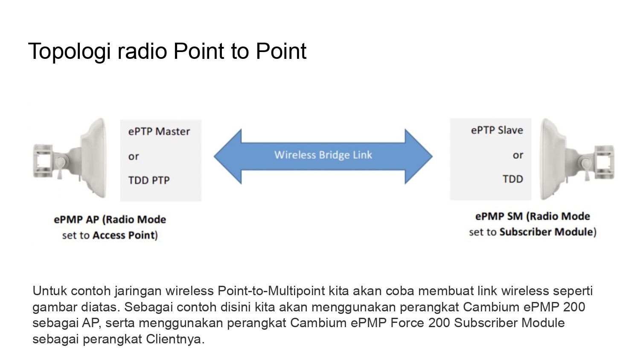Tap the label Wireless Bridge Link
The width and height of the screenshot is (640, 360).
(x=323, y=155)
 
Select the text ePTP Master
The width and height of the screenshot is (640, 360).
(x=159, y=131)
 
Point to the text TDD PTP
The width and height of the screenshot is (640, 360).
(x=149, y=180)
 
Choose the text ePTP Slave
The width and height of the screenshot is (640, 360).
(x=497, y=130)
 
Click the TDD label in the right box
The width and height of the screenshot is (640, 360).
(x=512, y=179)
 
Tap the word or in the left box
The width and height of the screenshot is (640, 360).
(x=134, y=157)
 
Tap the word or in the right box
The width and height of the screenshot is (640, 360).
(x=518, y=155)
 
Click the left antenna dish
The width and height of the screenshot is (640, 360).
(x=94, y=158)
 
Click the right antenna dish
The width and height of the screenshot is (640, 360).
(x=552, y=159)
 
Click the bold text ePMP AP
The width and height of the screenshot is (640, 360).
(x=76, y=219)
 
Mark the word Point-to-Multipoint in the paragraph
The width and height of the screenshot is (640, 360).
(x=271, y=291)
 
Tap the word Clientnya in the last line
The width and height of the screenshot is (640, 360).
(x=173, y=339)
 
